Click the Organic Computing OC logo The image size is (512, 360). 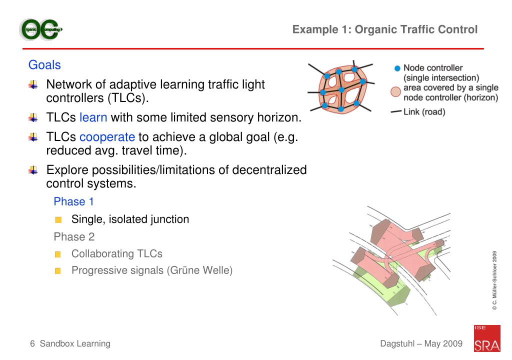pos(41,30)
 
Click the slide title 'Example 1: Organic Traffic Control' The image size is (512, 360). pos(385,29)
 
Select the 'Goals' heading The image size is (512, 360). pos(44,65)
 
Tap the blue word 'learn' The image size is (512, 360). pos(93,118)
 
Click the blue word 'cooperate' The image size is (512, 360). pos(107,137)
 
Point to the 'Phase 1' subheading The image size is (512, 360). pos(73,201)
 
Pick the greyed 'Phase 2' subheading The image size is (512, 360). pos(74,236)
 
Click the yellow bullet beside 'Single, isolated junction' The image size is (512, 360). pos(58,220)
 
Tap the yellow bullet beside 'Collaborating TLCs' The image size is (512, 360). pos(58,254)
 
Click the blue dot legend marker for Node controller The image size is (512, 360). pos(397,68)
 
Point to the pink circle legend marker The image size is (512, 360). pos(396,92)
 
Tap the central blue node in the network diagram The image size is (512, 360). pos(341,90)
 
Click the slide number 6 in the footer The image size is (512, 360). pos(32,343)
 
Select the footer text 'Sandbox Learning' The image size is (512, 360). pos(75,343)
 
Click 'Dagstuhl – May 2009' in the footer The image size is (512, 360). pos(421,343)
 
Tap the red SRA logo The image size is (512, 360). pos(486,338)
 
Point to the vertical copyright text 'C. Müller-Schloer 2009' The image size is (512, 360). pos(494,280)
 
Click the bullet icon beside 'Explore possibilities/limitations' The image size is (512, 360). pos(33,170)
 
